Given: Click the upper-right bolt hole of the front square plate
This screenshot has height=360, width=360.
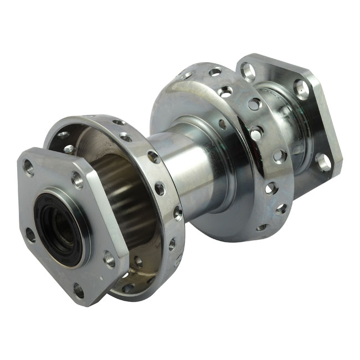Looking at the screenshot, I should click(78, 180).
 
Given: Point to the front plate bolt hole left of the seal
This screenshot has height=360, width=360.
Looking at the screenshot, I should click(30, 235).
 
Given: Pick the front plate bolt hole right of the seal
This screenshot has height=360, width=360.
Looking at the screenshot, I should click(109, 258).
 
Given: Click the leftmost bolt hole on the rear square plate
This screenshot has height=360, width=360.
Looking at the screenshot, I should click(248, 71).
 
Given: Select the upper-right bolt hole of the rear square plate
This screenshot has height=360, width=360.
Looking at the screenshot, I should click(301, 89).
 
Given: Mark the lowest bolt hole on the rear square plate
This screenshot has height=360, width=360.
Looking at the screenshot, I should click(323, 162).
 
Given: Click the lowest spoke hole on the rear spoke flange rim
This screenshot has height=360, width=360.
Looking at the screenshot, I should click(261, 227).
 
